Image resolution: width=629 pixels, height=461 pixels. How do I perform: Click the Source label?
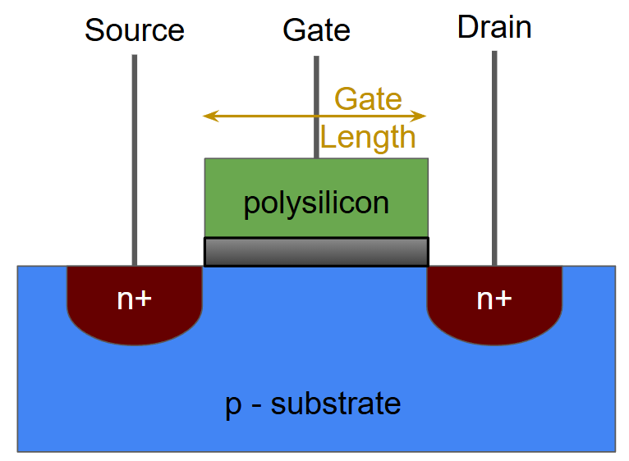pyautogui.click(x=135, y=30)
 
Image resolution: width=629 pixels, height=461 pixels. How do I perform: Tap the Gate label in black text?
pyautogui.click(x=316, y=30)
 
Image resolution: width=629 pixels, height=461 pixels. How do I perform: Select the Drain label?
pyautogui.click(x=494, y=27)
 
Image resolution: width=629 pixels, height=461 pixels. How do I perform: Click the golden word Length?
pyautogui.click(x=368, y=137)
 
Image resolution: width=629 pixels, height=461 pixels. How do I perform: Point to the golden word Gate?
pyautogui.click(x=368, y=99)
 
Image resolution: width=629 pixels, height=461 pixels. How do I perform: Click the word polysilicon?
pyautogui.click(x=316, y=203)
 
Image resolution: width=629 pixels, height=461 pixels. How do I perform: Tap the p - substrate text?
pyautogui.click(x=313, y=404)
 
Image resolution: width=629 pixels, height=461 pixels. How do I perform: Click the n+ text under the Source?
pyautogui.click(x=134, y=299)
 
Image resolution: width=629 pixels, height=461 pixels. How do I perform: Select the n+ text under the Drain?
pyautogui.click(x=494, y=299)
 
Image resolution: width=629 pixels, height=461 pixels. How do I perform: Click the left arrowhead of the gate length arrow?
pyautogui.click(x=209, y=116)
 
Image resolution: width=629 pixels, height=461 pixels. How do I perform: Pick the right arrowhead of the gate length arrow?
pyautogui.click(x=421, y=116)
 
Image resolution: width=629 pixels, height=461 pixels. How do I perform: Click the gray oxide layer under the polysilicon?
pyautogui.click(x=316, y=252)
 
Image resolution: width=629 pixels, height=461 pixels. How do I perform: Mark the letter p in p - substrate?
pyautogui.click(x=232, y=405)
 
